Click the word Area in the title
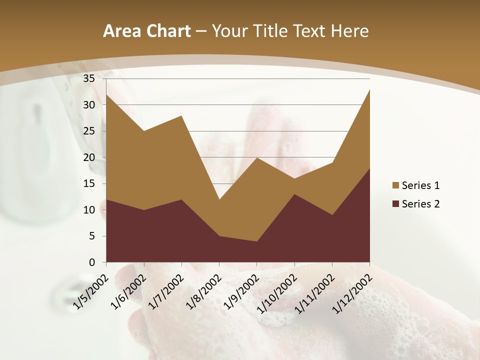click(x=122, y=31)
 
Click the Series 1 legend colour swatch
click(x=396, y=185)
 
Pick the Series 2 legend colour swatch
click(x=396, y=203)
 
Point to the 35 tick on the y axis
click(x=89, y=78)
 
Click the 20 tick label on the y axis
click(x=89, y=157)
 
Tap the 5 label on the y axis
click(x=92, y=236)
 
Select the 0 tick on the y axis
click(x=92, y=262)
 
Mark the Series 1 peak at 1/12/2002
click(x=369, y=89)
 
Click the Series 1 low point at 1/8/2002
click(x=219, y=199)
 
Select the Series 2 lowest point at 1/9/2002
click(x=257, y=241)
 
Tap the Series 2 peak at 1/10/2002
click(x=294, y=194)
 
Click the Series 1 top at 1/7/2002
click(x=181, y=115)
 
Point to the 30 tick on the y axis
click(x=89, y=105)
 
